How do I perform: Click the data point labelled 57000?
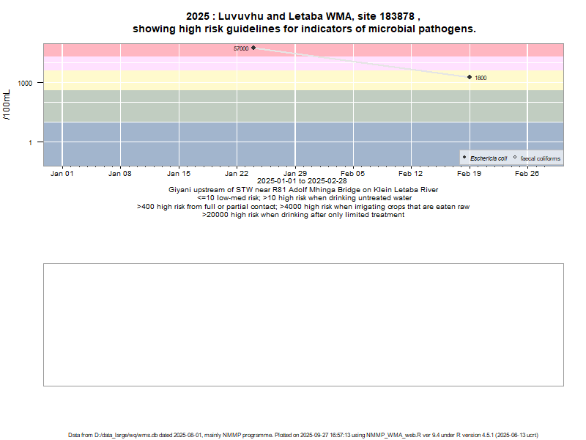(x=253, y=48)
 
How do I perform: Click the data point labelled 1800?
(x=469, y=77)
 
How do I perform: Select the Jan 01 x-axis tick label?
(x=62, y=174)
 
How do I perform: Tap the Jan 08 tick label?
(x=120, y=174)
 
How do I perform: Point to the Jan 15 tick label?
(x=179, y=174)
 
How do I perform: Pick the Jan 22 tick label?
(x=237, y=174)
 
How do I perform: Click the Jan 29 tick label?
(x=294, y=174)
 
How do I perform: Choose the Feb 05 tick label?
(x=353, y=174)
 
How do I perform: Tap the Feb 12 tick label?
(x=411, y=174)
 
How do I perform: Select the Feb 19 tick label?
(x=469, y=174)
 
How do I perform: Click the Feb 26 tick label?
(x=527, y=174)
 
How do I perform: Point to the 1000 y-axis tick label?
(x=26, y=84)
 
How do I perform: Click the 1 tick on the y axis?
(x=31, y=142)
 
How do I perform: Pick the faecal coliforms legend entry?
(x=540, y=158)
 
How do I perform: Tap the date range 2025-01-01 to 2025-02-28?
(x=302, y=181)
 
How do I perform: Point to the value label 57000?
(x=241, y=48)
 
